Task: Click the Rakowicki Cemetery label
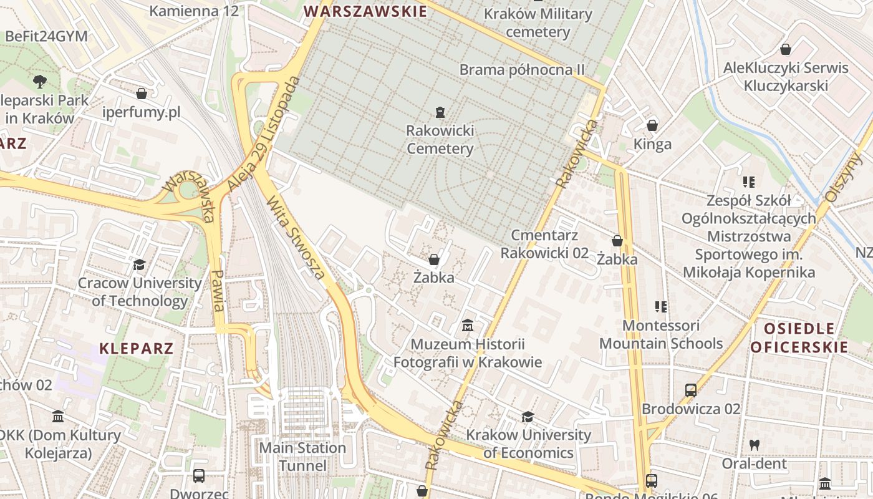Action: pos(440,140)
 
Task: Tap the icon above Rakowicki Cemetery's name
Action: pos(440,112)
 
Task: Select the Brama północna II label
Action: pos(522,69)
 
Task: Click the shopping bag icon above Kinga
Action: pos(652,125)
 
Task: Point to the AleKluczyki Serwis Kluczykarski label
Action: pos(786,76)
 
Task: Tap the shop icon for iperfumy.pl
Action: pos(142,94)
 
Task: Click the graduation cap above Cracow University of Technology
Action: pos(139,265)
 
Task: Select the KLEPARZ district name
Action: pos(136,348)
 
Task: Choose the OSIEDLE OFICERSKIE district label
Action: pos(799,337)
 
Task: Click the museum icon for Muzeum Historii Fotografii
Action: pos(468,326)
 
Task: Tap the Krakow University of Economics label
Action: pos(528,443)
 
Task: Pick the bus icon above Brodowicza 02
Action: pos(691,390)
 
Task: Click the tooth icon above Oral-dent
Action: pos(754,445)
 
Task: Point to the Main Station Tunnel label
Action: pos(302,457)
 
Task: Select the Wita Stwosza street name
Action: pos(296,238)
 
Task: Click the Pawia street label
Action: pos(217,290)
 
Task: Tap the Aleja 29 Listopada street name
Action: pos(264,134)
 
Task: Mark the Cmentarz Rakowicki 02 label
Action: pos(544,244)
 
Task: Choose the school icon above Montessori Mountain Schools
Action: pos(661,306)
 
